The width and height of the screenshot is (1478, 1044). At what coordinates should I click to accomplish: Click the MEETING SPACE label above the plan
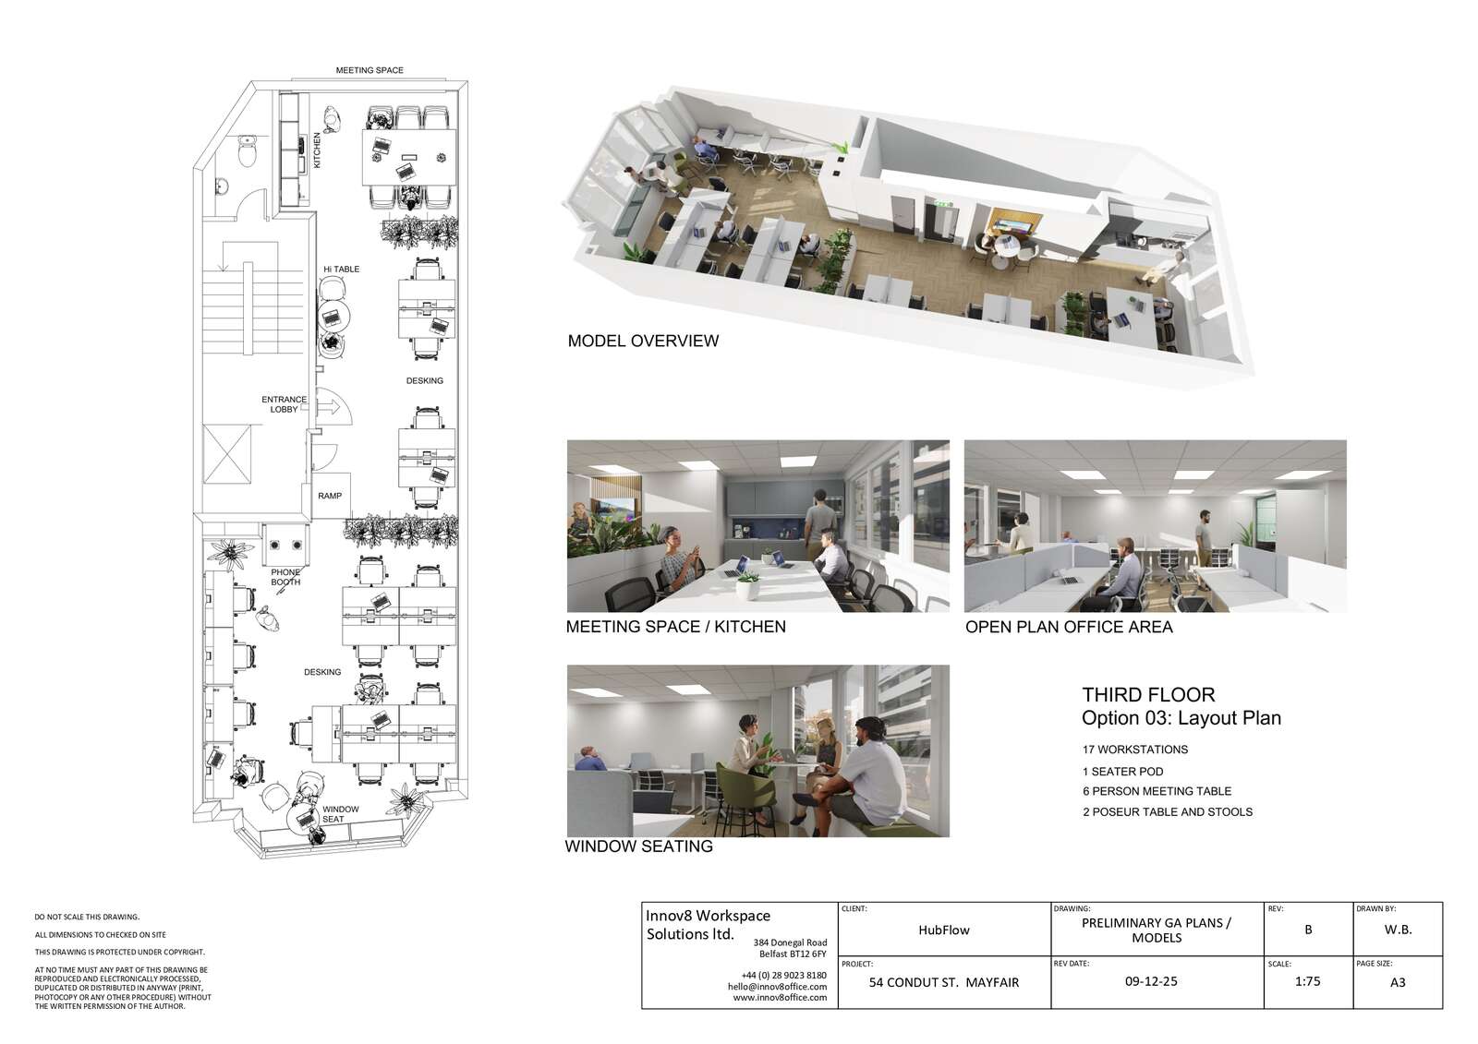369,70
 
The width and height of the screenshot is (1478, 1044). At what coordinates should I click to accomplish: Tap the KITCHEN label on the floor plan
317,150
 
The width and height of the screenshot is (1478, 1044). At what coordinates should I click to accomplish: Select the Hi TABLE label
341,270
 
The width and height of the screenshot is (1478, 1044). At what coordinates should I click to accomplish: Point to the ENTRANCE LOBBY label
285,404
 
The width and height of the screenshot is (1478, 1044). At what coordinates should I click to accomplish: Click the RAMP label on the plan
330,496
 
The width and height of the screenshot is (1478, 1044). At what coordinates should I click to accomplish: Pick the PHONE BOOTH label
285,577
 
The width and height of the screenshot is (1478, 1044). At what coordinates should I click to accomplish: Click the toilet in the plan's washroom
248,151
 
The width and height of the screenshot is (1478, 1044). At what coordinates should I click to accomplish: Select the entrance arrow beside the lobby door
329,406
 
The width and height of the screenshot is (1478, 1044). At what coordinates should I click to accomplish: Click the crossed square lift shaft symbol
227,454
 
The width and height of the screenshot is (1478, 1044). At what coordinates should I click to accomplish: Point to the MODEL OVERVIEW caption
643,341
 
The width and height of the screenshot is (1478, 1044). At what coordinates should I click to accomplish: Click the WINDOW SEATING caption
638,846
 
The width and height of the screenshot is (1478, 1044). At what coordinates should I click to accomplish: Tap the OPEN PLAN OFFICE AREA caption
1069,627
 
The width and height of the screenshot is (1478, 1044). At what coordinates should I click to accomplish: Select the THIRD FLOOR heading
1148,694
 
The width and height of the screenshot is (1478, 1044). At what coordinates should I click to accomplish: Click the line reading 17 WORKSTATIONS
1135,750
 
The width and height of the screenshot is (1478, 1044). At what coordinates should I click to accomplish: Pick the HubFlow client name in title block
944,930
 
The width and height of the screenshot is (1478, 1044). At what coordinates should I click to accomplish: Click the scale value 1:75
1308,981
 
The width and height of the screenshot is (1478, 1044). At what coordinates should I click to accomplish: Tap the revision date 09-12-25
1151,981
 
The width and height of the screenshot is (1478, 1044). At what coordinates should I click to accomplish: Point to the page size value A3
1398,983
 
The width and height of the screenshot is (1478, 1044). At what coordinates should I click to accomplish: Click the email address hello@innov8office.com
777,987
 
